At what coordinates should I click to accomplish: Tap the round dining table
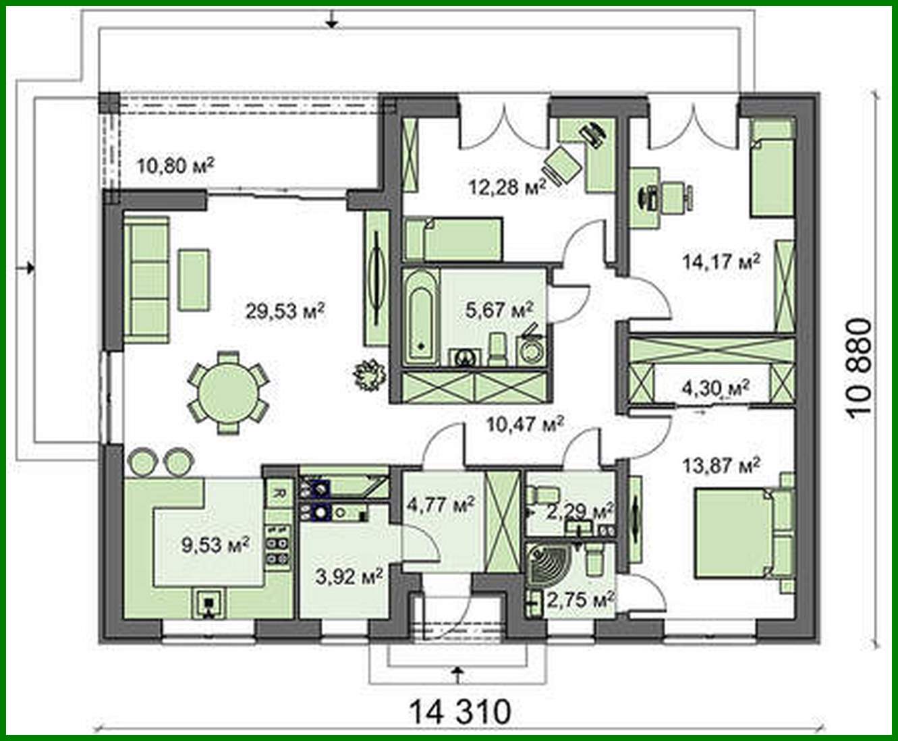click(227, 391)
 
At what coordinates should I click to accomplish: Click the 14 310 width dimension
click(461, 710)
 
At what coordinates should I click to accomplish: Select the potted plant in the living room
click(370, 373)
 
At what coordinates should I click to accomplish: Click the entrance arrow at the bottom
click(458, 673)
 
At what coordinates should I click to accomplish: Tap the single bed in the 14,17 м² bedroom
click(770, 169)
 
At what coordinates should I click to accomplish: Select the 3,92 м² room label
click(349, 576)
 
